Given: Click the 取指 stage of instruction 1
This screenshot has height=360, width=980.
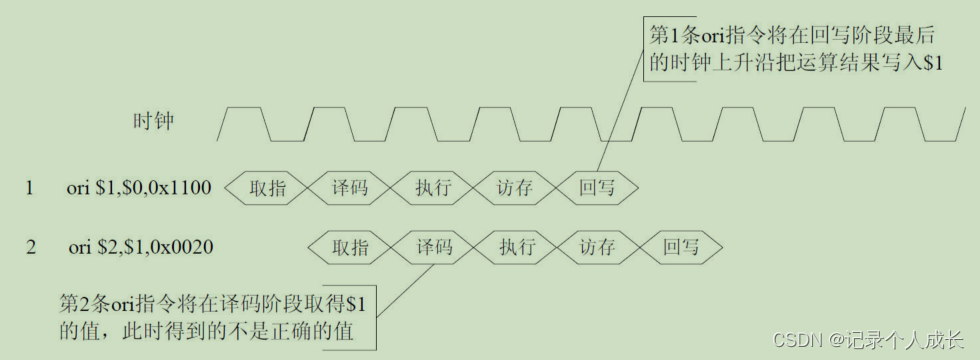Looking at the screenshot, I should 265,187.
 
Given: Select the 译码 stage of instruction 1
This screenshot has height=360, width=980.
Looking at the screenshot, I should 348,187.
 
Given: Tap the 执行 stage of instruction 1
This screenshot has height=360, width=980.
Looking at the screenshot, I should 431,187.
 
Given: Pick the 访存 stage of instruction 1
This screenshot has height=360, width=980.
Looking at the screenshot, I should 514,187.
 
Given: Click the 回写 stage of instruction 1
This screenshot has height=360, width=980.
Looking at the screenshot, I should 597,187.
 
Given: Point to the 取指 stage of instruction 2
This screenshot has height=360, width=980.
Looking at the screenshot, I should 349,247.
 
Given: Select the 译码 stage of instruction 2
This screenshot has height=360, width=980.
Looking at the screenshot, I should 432,247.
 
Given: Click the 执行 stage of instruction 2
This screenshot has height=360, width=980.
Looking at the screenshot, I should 515,247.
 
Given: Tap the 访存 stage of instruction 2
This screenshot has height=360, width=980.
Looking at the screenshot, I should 598,247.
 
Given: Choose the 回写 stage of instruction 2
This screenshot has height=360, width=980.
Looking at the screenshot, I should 681,247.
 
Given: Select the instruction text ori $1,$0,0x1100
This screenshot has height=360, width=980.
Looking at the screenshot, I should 139,188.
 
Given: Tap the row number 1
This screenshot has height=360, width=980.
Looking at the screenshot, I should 30,188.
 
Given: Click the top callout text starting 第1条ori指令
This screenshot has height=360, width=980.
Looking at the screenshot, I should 795,46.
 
